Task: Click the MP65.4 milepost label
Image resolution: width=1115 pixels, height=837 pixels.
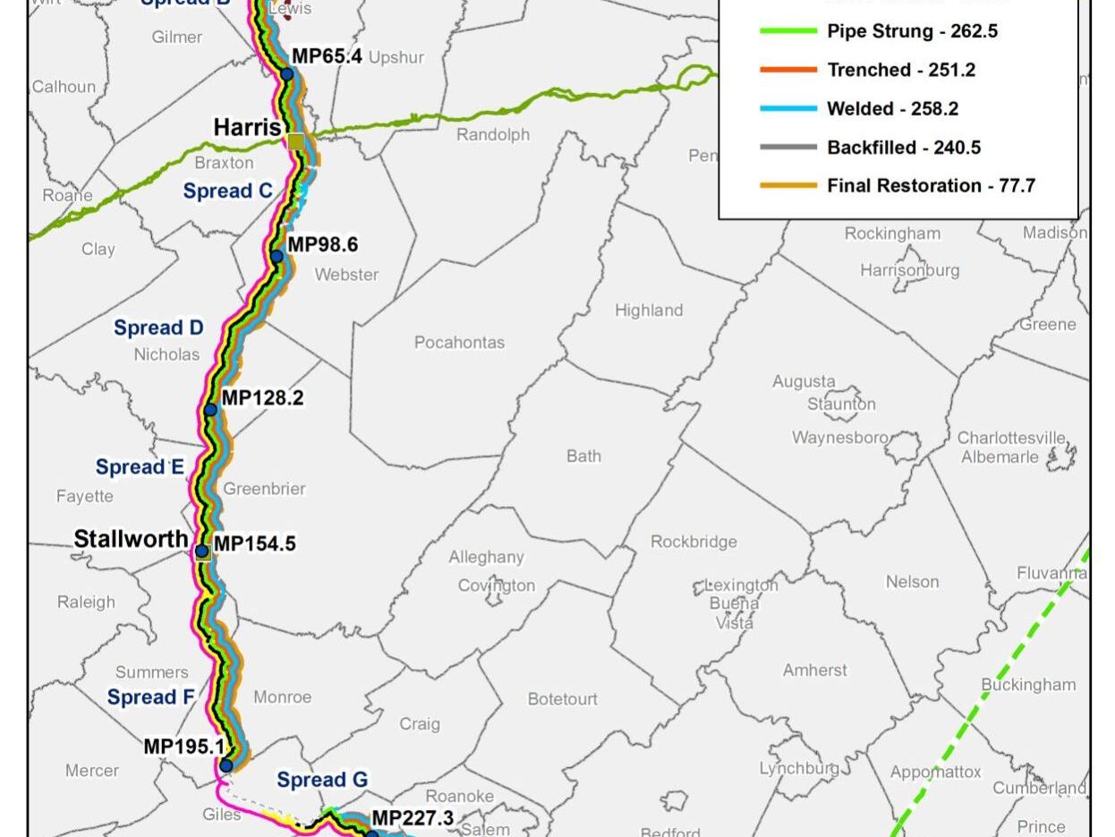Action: (x=327, y=56)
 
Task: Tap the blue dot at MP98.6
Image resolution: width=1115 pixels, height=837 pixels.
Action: (x=277, y=257)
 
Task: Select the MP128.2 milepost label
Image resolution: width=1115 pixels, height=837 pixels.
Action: (x=262, y=397)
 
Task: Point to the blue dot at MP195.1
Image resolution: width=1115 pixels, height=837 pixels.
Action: (x=226, y=765)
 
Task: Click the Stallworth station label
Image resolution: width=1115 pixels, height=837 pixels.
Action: (x=131, y=539)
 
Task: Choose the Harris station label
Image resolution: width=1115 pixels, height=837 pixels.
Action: (x=247, y=128)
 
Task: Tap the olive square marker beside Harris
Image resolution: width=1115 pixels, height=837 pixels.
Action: (x=296, y=141)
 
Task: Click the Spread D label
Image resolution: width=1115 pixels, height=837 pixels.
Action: (x=158, y=328)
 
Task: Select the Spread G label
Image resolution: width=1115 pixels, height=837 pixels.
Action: (x=322, y=780)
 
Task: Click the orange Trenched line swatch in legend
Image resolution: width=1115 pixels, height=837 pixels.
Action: (x=788, y=70)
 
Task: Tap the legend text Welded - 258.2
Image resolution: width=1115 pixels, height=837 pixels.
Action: (x=892, y=108)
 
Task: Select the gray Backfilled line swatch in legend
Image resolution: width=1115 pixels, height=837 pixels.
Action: (x=788, y=147)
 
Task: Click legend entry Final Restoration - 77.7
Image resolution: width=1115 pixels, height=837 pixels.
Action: (x=931, y=185)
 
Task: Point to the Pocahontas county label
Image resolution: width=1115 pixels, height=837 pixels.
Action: (x=459, y=343)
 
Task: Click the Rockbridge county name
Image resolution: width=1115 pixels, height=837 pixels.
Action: (x=694, y=542)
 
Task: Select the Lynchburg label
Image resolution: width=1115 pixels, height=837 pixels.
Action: (x=798, y=768)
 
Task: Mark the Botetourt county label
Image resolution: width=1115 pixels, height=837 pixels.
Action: (x=562, y=699)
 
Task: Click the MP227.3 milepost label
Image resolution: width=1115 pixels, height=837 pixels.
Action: (x=412, y=817)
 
